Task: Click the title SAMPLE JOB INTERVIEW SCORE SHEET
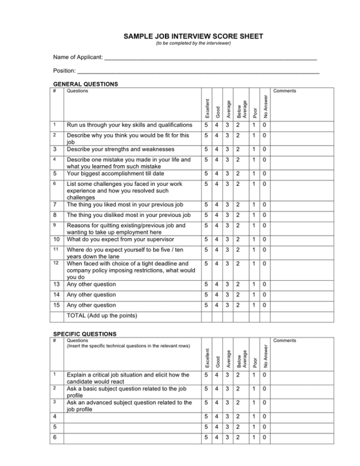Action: pos(193,37)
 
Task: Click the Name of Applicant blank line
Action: pos(210,58)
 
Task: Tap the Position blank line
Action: pos(198,72)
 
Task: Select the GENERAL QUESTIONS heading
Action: pos(86,84)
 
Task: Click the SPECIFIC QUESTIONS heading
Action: pos(84,334)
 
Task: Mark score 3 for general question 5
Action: pos(228,174)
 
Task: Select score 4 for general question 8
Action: pos(218,215)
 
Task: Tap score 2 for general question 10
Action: pos(237,239)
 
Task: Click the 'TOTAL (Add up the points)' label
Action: pos(102,316)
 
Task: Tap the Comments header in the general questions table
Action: pos(285,91)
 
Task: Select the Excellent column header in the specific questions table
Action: pos(207,357)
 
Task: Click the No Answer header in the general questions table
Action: pos(265,106)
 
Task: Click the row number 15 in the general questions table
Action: pos(57,305)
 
